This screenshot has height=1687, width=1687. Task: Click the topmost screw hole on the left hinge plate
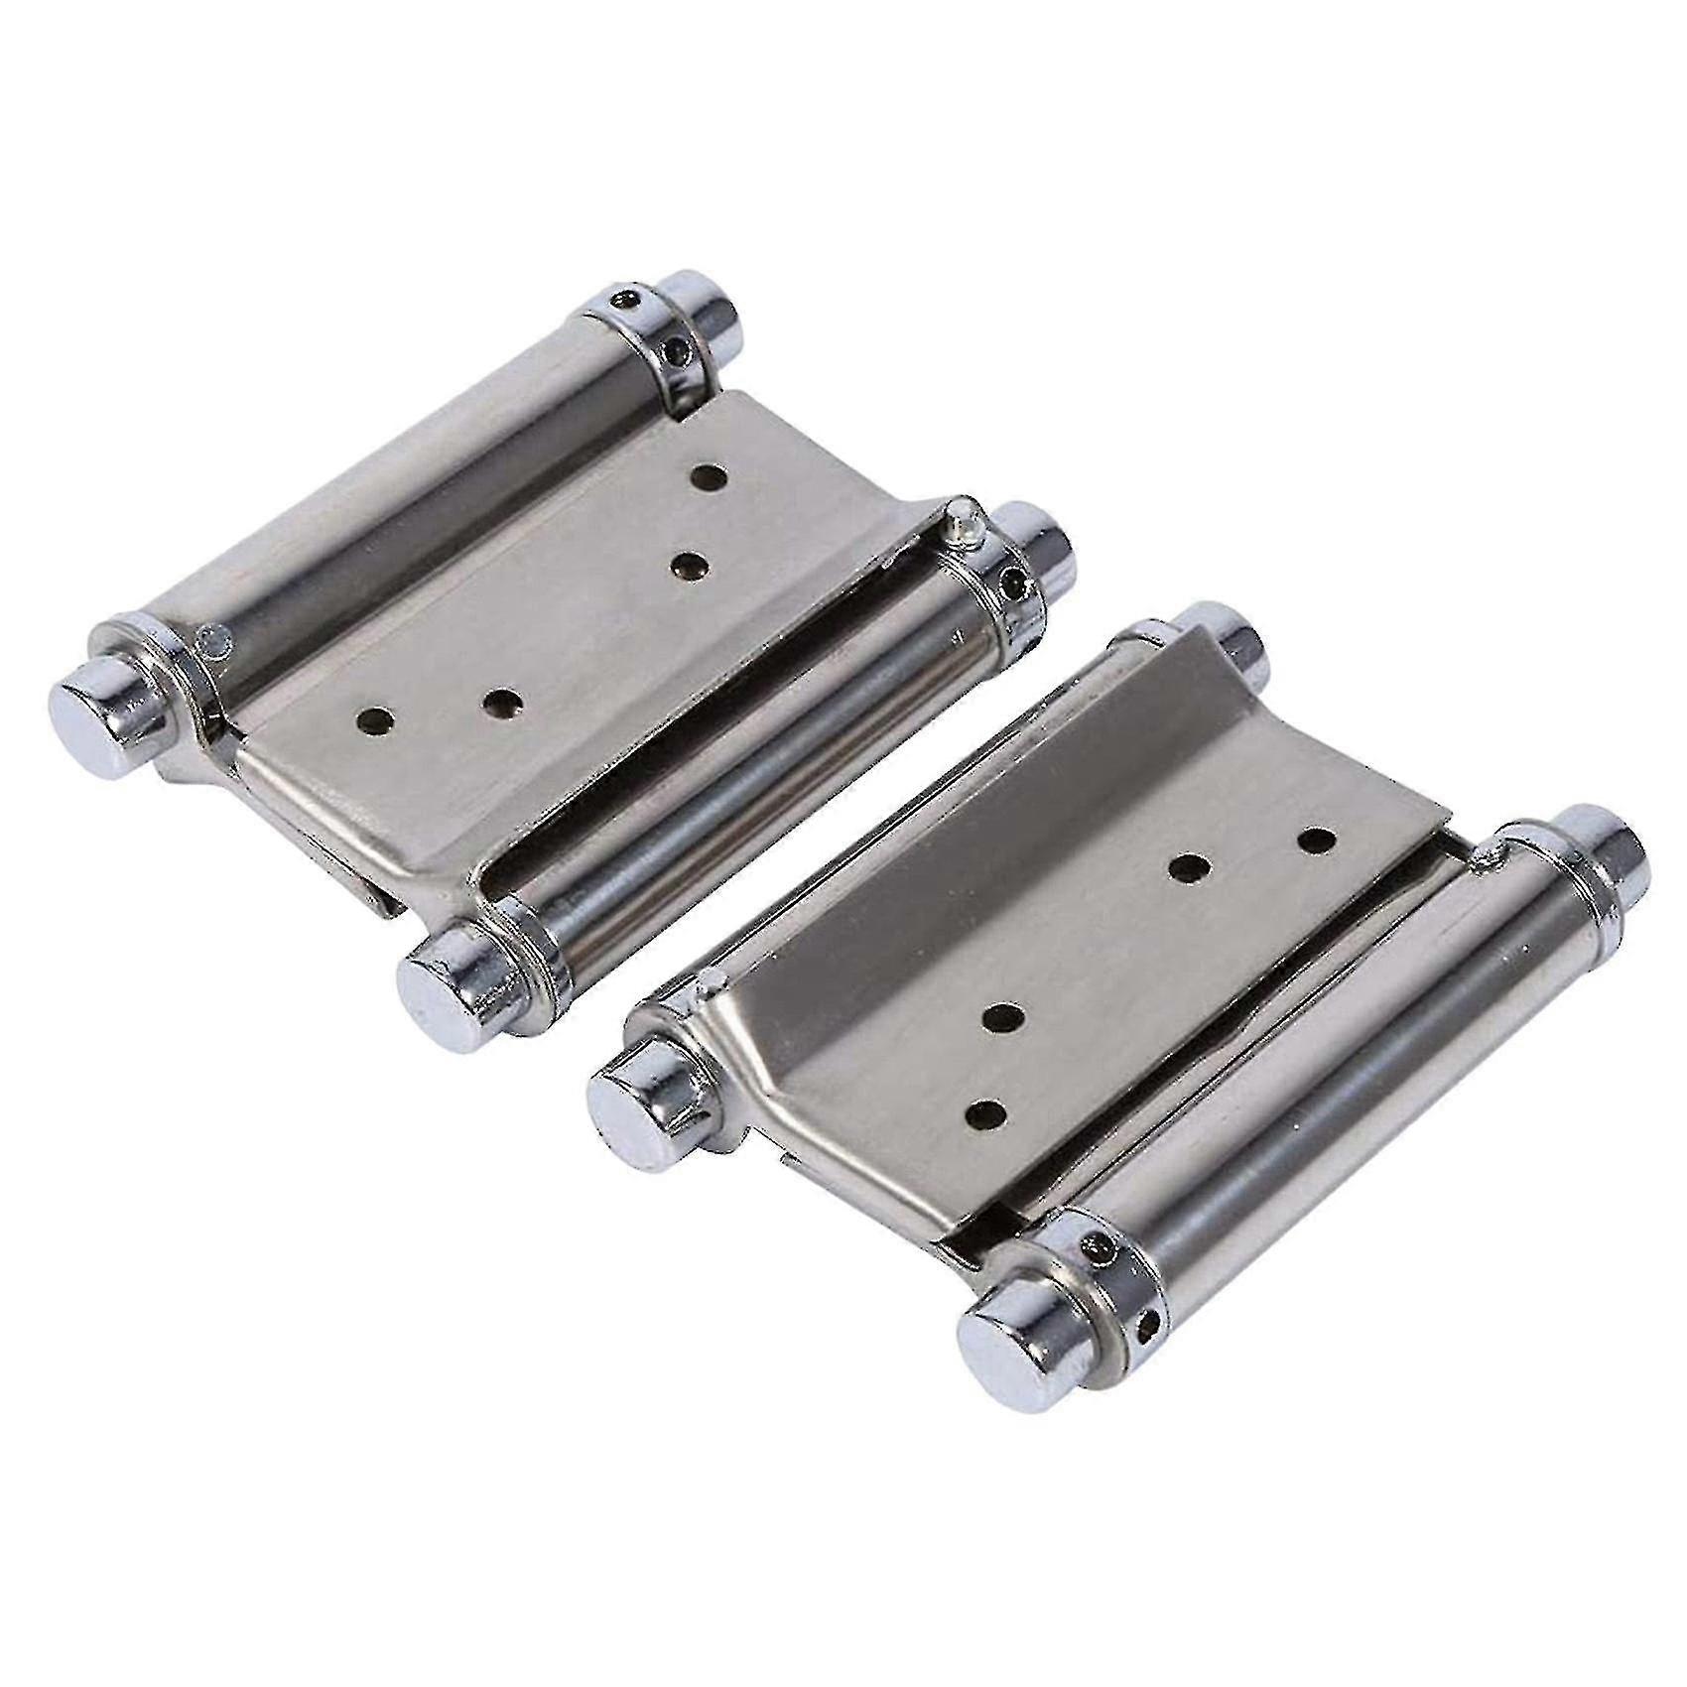(x=709, y=478)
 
